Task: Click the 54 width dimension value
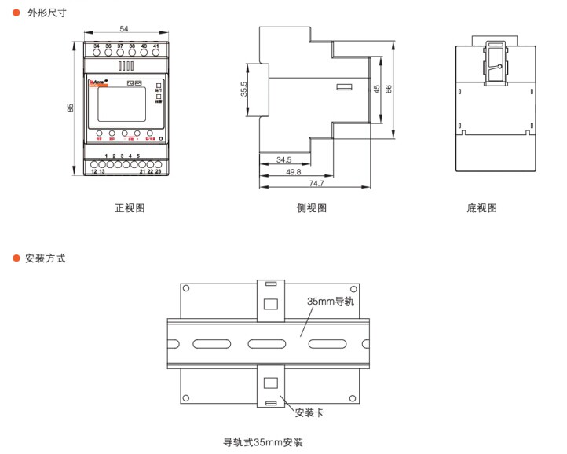click(x=124, y=29)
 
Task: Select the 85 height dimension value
click(x=71, y=108)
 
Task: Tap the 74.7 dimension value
click(x=316, y=182)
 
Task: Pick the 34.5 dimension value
click(x=284, y=159)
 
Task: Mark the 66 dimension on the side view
click(x=388, y=89)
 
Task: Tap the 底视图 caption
click(x=481, y=208)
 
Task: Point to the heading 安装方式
click(x=46, y=258)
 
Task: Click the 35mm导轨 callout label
click(x=331, y=301)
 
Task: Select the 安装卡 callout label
click(x=309, y=411)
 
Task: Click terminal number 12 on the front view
click(x=94, y=170)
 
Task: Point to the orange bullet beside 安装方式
click(x=16, y=258)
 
